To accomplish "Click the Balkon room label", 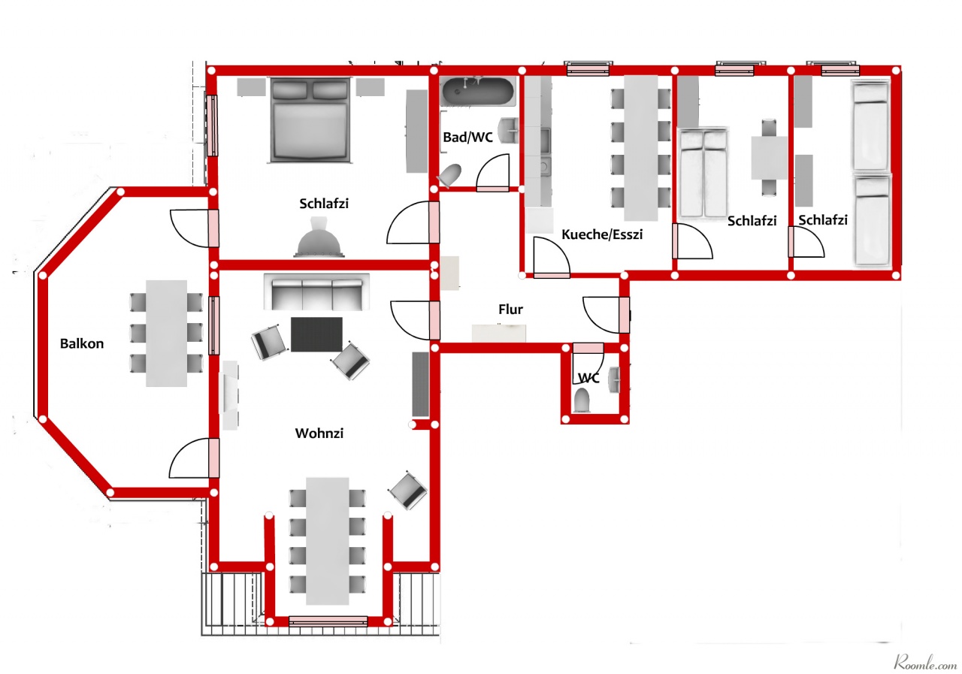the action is pyautogui.click(x=82, y=343).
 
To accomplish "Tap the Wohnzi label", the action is pyautogui.click(x=319, y=433).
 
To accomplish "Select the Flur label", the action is pyautogui.click(x=510, y=309).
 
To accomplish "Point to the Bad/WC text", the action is pyautogui.click(x=467, y=138).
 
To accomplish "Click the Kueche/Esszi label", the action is pyautogui.click(x=602, y=234).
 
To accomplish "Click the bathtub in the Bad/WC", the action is pyautogui.click(x=477, y=92).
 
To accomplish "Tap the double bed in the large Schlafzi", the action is pyautogui.click(x=310, y=120).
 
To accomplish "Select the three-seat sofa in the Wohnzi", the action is pyautogui.click(x=316, y=292).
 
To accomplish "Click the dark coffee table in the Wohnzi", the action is pyautogui.click(x=316, y=334).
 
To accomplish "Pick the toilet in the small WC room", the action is pyautogui.click(x=582, y=400).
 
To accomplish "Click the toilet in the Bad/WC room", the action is pyautogui.click(x=449, y=176).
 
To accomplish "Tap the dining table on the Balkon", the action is pyautogui.click(x=166, y=333).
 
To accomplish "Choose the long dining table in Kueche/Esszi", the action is pyautogui.click(x=641, y=148).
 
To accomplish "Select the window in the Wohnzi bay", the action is pyautogui.click(x=328, y=621).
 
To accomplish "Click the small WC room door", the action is pyautogui.click(x=588, y=348).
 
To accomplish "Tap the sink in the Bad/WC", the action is pyautogui.click(x=508, y=130).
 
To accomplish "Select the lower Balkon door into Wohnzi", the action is pyautogui.click(x=213, y=458).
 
